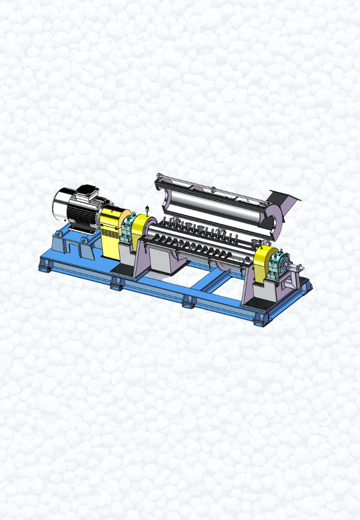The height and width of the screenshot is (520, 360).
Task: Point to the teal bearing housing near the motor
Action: tap(129, 230)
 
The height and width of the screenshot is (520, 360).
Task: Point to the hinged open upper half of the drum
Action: tap(217, 202)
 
